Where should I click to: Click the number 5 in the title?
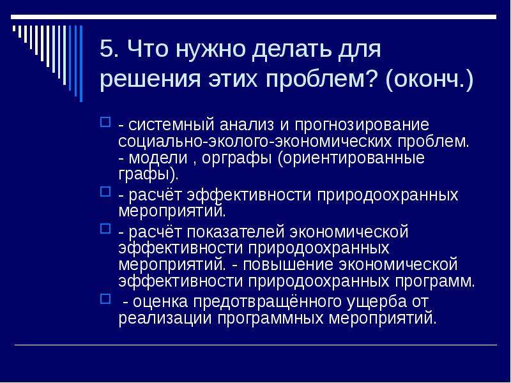(107, 49)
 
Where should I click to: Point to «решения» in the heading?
(150, 79)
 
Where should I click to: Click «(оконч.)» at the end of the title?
(429, 79)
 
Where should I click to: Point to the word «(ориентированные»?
(351, 158)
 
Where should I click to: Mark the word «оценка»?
(160, 301)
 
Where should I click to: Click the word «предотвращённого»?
(267, 302)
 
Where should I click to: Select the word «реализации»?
(165, 319)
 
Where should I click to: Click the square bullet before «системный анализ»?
(105, 122)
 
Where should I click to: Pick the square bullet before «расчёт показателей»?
(105, 229)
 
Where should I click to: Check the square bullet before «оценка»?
(105, 298)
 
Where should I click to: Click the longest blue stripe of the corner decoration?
(81, 64)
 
